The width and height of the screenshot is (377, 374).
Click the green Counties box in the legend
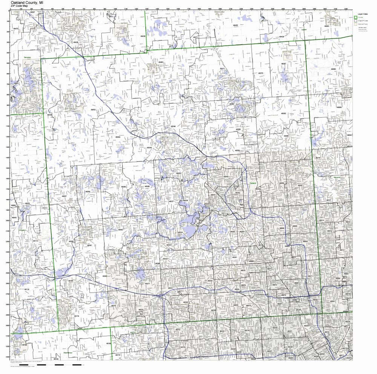pos(355,17)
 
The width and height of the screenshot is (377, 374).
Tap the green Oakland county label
pos(253,183)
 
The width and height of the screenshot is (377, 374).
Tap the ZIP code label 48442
pos(93,110)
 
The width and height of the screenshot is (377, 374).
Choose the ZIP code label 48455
pos(235,25)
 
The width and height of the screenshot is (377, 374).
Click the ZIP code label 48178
pos(77,316)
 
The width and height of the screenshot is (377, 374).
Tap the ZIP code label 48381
pos(89,245)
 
